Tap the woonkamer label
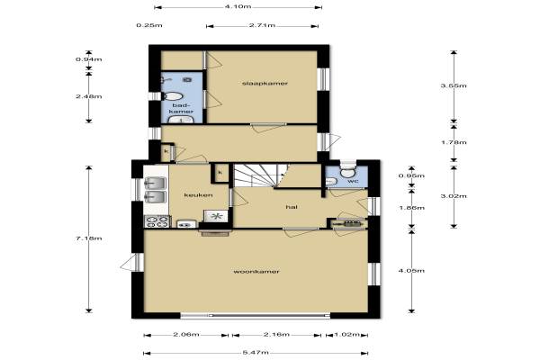pos(256,272)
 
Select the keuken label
pos(198,195)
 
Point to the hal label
pos(292,207)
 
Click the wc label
pos(354,181)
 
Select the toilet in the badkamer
pos(172,96)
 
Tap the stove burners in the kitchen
pos(157,221)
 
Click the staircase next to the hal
pos(261,175)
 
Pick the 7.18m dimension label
pos(89,238)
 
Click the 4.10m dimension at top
pos(238,6)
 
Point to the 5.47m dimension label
pos(256,353)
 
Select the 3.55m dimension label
pos(454,85)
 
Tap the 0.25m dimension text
pos(149,25)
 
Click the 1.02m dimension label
pos(346,335)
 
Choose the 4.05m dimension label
pos(411,271)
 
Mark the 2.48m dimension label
pos(89,96)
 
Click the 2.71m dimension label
pos(262,25)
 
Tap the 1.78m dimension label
pos(454,142)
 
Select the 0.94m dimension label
pos(89,59)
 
